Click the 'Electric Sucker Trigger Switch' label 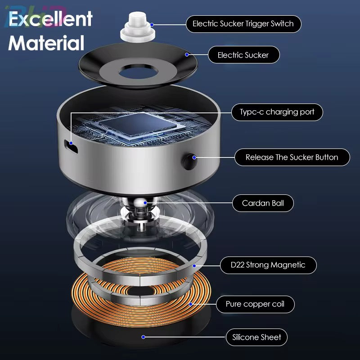(x=243, y=23)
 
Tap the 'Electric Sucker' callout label (x=243, y=55)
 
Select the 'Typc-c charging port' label (x=277, y=112)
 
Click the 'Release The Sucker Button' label (x=292, y=157)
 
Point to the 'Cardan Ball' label (x=263, y=203)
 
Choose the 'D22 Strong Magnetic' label (x=268, y=265)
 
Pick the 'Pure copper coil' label (x=255, y=304)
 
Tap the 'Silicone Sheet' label (x=256, y=337)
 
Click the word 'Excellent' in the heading (x=50, y=19)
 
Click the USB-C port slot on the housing (x=71, y=145)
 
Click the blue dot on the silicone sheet (x=143, y=337)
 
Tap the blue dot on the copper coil (x=190, y=304)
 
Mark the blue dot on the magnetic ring (x=194, y=265)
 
